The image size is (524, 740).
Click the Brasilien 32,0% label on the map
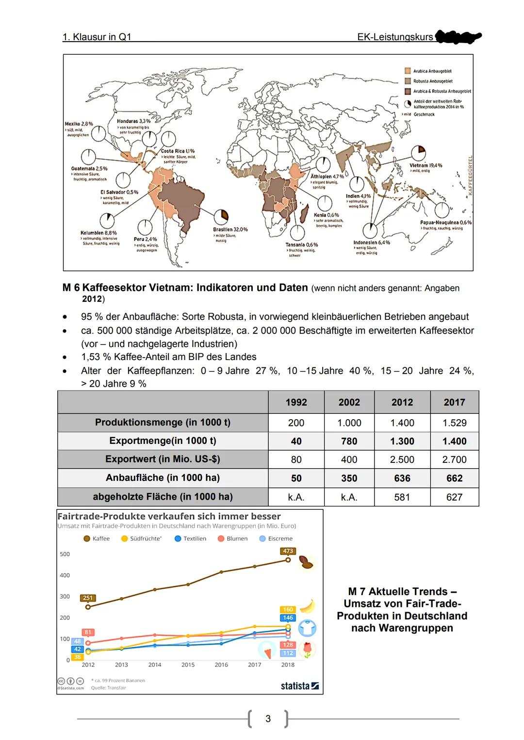click(x=230, y=229)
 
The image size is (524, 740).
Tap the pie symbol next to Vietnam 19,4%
click(x=419, y=151)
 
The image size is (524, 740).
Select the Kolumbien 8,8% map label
click(x=98, y=233)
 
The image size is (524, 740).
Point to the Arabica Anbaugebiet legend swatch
click(x=408, y=71)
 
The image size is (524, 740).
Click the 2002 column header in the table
click(x=349, y=402)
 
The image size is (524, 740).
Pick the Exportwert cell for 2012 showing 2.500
click(x=402, y=459)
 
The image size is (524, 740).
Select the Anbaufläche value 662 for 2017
click(x=454, y=478)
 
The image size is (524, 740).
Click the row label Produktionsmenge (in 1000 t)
click(x=163, y=423)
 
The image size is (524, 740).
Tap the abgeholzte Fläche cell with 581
click(x=402, y=497)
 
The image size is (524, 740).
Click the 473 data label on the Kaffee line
click(x=288, y=551)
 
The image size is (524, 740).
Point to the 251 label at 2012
click(x=88, y=598)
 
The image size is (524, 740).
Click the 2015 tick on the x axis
click(x=188, y=665)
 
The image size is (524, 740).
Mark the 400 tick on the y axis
click(x=65, y=575)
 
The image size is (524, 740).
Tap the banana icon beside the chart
click(x=307, y=606)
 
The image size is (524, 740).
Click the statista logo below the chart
click(x=299, y=686)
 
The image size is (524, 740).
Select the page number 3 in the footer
click(x=268, y=719)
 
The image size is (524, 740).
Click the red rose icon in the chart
click(x=307, y=649)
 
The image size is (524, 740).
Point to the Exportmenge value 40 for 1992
click(x=296, y=441)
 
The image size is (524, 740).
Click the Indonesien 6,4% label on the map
click(x=371, y=242)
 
